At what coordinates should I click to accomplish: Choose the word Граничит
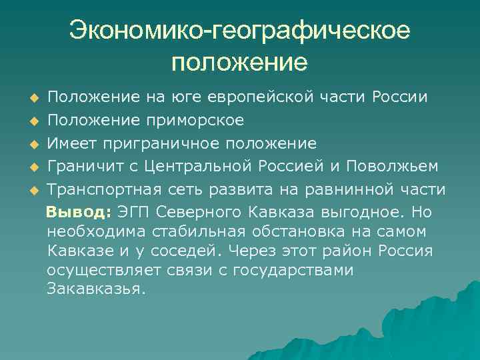81,167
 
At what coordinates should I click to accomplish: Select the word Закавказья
96,291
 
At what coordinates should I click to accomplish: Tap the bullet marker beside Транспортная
34,191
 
